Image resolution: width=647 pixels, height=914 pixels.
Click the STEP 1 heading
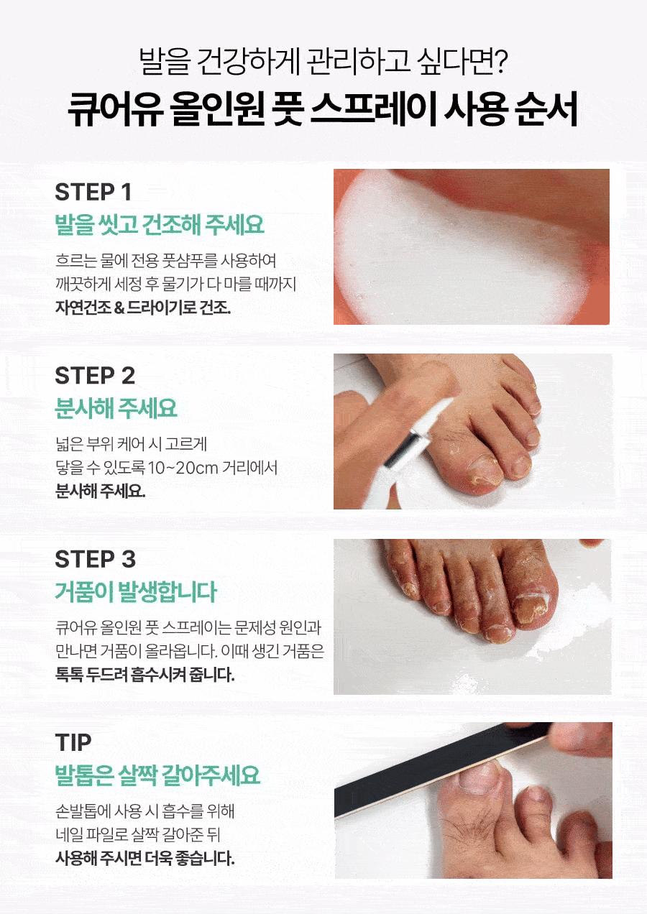(x=93, y=192)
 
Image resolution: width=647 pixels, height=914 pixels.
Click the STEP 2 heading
(x=95, y=375)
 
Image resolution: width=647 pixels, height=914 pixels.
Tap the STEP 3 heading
(x=95, y=559)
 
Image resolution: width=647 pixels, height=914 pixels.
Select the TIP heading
(x=73, y=743)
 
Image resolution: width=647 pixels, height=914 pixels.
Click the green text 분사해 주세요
(x=116, y=408)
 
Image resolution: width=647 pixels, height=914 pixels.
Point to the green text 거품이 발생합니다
(x=136, y=591)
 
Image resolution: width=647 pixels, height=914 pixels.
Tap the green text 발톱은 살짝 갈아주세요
(x=157, y=775)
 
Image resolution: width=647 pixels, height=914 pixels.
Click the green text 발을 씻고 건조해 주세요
(x=160, y=224)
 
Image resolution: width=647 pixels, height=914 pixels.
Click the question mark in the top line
(x=500, y=61)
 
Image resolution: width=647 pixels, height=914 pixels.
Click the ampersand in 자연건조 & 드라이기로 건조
(x=119, y=308)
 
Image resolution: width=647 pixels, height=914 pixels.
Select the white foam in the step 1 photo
(x=453, y=257)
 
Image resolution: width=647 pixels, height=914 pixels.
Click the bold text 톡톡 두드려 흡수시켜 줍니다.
(x=145, y=675)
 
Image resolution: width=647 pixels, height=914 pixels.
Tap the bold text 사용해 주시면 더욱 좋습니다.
(x=145, y=859)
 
